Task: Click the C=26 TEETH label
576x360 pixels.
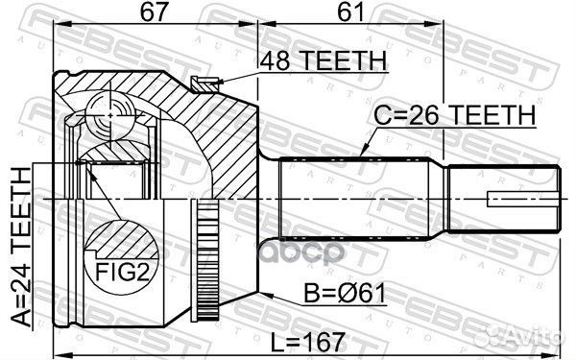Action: pyautogui.click(x=454, y=115)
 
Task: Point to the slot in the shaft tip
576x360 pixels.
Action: pyautogui.click(x=524, y=200)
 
